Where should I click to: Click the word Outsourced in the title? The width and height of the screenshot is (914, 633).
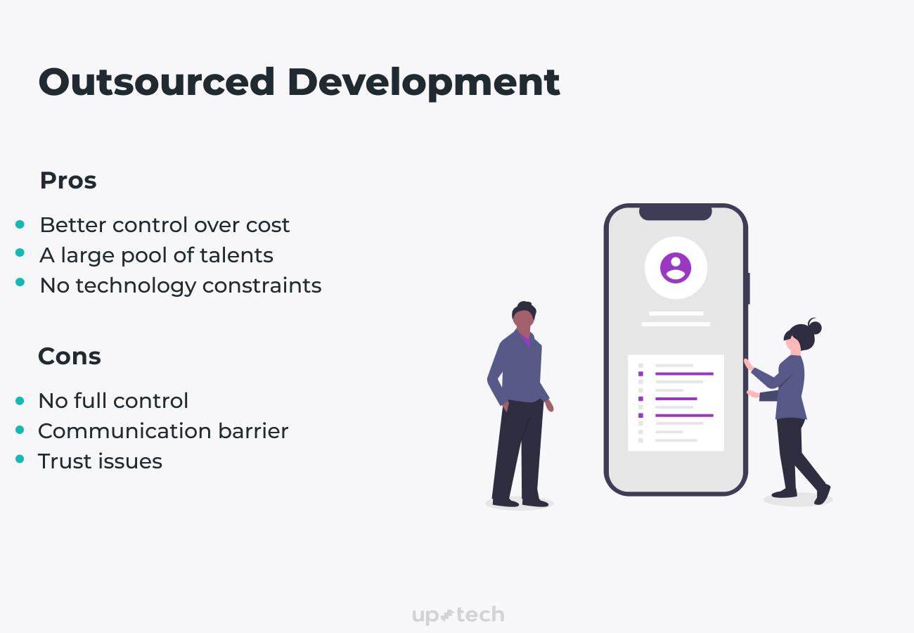pos(156,83)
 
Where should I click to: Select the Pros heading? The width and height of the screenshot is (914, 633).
pos(68,181)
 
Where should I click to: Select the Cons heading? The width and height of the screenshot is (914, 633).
pos(70,357)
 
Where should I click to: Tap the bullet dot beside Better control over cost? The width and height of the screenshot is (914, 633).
pos(20,225)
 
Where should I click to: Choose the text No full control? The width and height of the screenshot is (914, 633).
pos(113,401)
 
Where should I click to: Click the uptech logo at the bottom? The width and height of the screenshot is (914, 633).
pos(458,615)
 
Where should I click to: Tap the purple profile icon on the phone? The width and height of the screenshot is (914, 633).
pos(676,268)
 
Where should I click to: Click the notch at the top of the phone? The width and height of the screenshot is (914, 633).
pos(675,212)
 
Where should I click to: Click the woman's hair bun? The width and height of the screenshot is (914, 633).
pos(815,327)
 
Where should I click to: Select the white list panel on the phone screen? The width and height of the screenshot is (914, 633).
pos(676,403)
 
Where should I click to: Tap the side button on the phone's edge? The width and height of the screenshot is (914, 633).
pos(748,288)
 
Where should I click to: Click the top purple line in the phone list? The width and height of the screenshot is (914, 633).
pos(684,374)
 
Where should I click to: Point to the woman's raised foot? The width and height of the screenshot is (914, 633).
pos(823,494)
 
